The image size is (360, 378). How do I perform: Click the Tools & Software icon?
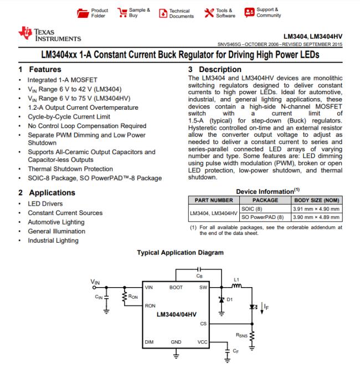208,13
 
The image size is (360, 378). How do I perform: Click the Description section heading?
216,69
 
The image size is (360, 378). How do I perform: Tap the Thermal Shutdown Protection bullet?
70,169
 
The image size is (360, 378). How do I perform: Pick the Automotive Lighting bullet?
56,222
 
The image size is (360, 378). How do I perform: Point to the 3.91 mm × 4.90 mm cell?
316,208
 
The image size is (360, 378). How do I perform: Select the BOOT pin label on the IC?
176,288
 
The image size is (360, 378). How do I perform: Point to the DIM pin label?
149,342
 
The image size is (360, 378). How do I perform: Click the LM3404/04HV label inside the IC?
176,314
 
